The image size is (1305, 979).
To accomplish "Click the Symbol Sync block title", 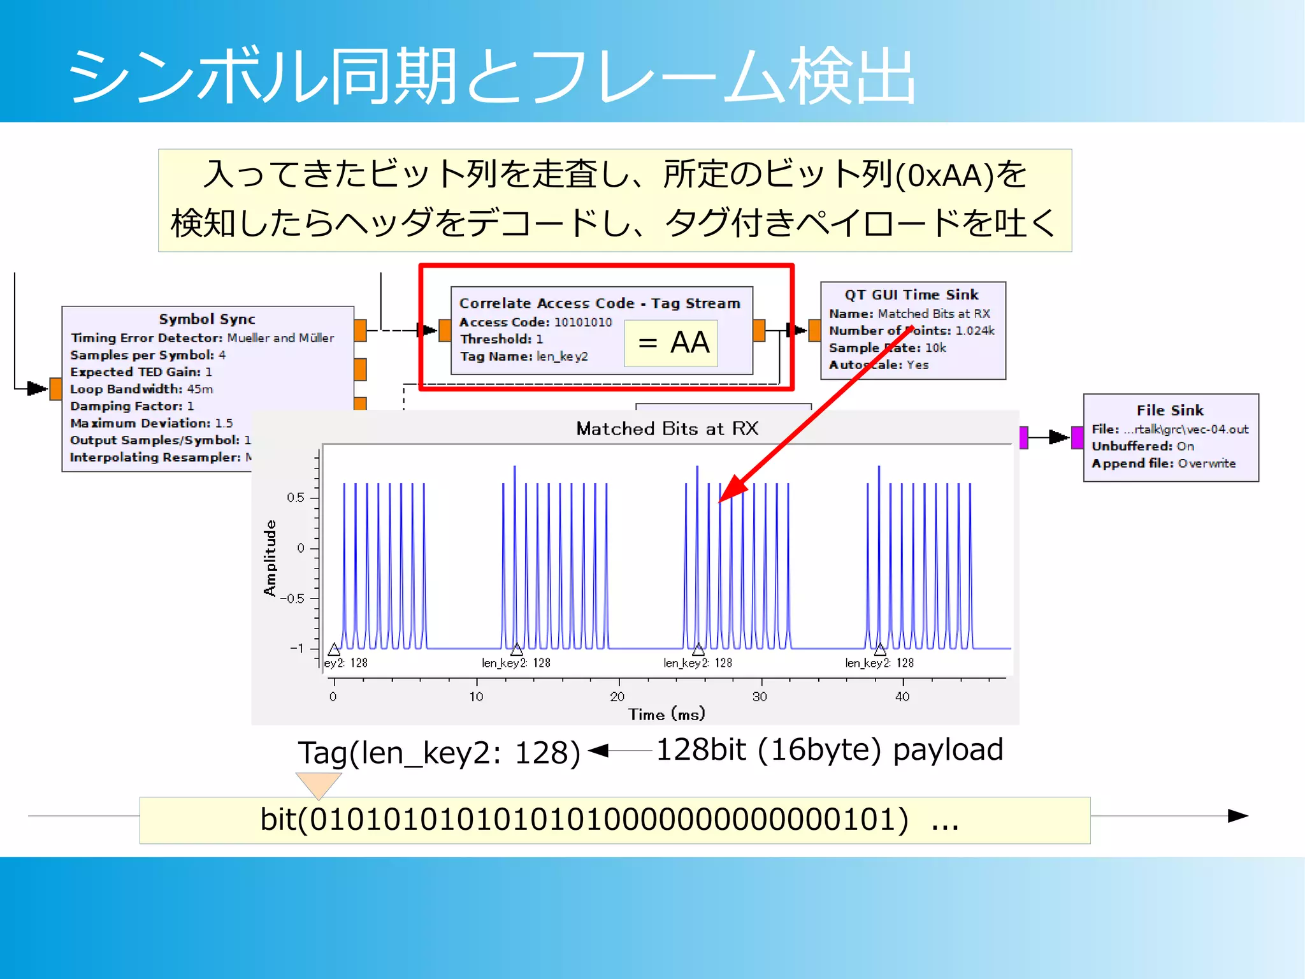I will tap(207, 319).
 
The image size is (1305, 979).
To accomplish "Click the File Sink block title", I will tap(1170, 410).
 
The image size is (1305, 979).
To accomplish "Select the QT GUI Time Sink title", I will tap(911, 295).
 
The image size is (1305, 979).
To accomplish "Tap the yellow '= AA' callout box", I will tap(671, 344).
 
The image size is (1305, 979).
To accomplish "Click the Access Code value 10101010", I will tap(583, 323).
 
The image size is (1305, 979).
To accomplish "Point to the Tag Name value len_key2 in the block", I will tap(562, 356).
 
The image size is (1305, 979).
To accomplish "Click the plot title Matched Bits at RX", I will tap(667, 429).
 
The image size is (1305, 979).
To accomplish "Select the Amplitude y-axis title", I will tap(270, 558).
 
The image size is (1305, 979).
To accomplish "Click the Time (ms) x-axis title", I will tap(667, 714).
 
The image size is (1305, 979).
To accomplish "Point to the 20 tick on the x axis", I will tap(617, 697).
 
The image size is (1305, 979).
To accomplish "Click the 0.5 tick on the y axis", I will tap(295, 498).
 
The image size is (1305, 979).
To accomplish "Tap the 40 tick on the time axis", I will tap(902, 697).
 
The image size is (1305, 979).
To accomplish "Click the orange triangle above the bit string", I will tap(319, 783).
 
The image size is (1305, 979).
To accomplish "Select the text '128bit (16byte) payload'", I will tap(829, 750).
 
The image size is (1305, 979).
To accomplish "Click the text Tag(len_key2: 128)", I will tap(439, 753).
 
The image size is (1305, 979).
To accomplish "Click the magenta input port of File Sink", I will tap(1077, 438).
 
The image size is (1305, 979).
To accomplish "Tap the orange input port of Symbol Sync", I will tap(55, 389).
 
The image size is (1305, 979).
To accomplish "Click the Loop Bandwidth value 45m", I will tap(200, 389).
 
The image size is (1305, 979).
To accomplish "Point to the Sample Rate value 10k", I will tap(935, 348).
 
